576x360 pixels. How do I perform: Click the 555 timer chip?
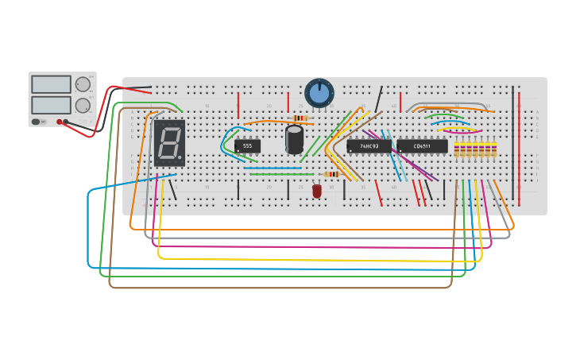coord(247,145)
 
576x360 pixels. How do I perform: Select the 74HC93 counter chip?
coord(369,146)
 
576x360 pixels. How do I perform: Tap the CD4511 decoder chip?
coord(422,146)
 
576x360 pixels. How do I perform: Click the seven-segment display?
coord(169,143)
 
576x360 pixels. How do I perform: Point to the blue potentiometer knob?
coord(319,93)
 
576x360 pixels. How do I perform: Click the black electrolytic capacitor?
coord(295,139)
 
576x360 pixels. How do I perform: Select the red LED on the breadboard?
coord(317,191)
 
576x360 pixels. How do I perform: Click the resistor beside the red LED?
coord(332,174)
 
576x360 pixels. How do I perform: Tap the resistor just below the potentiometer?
coord(300,118)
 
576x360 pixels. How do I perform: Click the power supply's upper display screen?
coord(52,84)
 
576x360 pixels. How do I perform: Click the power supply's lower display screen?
coord(52,105)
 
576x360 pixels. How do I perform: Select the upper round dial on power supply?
coord(83,84)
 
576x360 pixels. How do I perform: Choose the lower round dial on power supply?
coord(83,105)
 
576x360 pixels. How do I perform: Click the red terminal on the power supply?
coord(60,122)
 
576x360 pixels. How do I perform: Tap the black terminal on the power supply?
coord(67,122)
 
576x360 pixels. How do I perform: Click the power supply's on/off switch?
coord(37,122)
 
